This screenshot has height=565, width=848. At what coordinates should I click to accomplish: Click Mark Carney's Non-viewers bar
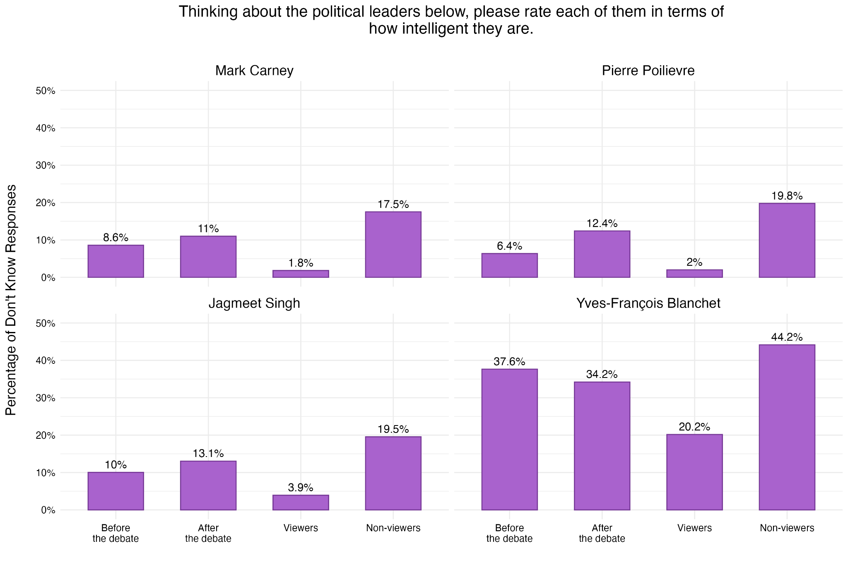click(393, 245)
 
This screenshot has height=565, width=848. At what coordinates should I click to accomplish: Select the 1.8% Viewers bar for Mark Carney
click(301, 274)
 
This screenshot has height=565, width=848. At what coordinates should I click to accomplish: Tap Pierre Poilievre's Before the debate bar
click(509, 265)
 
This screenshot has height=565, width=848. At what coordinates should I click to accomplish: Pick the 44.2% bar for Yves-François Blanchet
click(787, 427)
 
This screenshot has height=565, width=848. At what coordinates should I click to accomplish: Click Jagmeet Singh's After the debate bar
click(208, 486)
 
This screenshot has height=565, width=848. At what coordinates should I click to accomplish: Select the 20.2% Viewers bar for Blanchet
click(694, 472)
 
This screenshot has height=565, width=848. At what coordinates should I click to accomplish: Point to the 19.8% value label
click(787, 196)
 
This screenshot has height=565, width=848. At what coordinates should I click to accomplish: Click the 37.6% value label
click(509, 362)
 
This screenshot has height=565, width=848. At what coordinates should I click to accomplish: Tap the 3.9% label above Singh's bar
click(301, 488)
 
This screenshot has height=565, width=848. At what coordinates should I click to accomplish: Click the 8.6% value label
click(116, 238)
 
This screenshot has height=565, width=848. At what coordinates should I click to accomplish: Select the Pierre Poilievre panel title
click(648, 71)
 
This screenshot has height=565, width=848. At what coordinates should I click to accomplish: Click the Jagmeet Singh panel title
click(254, 303)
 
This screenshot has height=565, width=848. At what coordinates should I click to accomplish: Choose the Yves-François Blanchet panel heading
click(648, 303)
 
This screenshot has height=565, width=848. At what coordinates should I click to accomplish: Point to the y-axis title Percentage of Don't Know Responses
click(11, 300)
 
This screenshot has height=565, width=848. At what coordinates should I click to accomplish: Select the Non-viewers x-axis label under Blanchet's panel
click(787, 528)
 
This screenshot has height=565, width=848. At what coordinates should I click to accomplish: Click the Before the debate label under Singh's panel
click(116, 533)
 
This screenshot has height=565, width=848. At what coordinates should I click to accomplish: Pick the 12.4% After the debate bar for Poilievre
click(602, 254)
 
